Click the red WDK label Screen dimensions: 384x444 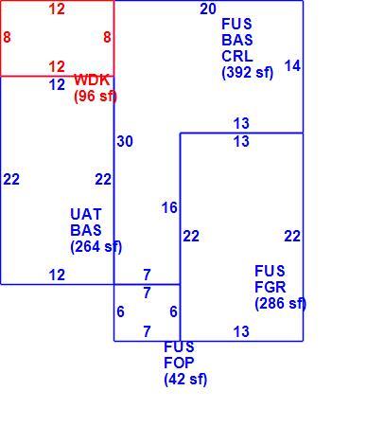[92, 80]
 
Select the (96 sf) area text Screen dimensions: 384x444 [96, 96]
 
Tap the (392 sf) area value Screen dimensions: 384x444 [248, 73]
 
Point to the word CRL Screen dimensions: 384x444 [237, 56]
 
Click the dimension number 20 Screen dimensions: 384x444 [208, 9]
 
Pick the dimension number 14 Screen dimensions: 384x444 [292, 66]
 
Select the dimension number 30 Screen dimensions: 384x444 [125, 141]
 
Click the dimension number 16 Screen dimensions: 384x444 [169, 207]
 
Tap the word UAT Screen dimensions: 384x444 [86, 214]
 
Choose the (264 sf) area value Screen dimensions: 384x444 [96, 246]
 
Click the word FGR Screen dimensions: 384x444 [271, 287]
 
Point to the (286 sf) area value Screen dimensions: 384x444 [281, 303]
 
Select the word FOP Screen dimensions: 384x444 [179, 363]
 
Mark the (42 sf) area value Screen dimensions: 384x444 [185, 379]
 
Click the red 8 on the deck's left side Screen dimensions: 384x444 [7, 37]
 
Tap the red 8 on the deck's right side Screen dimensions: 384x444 [107, 37]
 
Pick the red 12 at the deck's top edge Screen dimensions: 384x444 [57, 9]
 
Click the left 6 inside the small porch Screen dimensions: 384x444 [120, 311]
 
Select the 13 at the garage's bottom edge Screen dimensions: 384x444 [241, 331]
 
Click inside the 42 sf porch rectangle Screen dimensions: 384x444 [147, 312]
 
